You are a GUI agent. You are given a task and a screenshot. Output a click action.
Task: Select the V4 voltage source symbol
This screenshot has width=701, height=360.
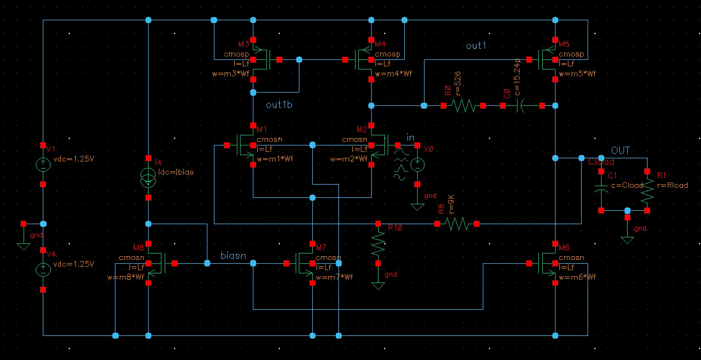(43, 270)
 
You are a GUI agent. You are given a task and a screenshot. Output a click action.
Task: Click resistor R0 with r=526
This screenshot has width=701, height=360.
(463, 106)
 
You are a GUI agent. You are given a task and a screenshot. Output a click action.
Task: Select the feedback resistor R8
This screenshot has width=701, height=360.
(458, 224)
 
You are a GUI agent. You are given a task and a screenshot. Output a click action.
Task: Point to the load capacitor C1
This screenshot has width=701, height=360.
(602, 190)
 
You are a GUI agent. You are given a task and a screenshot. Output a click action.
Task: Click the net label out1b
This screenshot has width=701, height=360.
(279, 105)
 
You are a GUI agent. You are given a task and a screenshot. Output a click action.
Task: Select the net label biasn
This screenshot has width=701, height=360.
(233, 256)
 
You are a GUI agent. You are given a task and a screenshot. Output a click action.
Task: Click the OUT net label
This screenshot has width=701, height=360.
(620, 151)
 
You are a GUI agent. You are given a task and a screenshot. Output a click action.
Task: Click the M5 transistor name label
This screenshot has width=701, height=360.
(565, 43)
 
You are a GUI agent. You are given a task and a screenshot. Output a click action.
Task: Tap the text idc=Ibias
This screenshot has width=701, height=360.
(176, 172)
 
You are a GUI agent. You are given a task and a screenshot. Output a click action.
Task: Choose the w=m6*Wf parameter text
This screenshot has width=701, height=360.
(577, 277)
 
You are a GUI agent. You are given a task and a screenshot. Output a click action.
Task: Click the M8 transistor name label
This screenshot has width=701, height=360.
(138, 248)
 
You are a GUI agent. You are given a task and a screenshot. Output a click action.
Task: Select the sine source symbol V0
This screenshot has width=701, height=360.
(418, 164)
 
